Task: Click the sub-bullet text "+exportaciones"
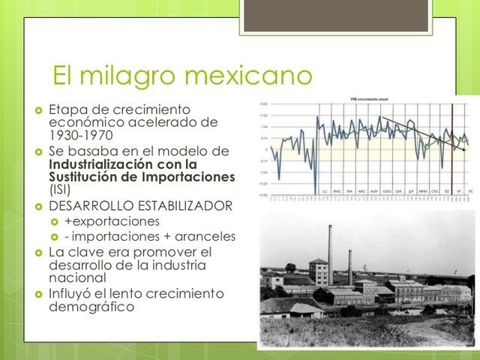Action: coord(112,221)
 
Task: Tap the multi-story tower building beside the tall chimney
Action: coord(317,271)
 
